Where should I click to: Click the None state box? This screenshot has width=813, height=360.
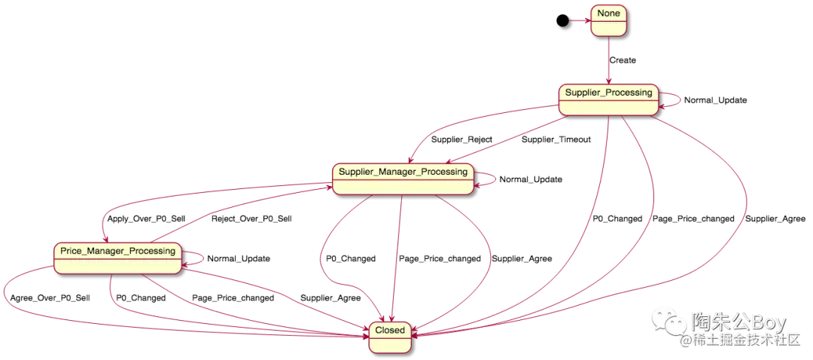point(608,20)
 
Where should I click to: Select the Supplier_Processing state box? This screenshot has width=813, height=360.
point(608,99)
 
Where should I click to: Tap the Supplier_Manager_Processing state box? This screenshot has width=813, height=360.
point(403,179)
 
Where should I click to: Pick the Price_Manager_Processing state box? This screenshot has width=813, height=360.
point(117,258)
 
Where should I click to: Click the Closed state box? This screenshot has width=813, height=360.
point(390,337)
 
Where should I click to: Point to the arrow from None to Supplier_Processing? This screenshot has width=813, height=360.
point(607,60)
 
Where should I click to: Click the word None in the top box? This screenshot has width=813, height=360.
point(608,14)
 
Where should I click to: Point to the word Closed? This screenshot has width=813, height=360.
point(390,330)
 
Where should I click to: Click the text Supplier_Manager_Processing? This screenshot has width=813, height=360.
point(403,172)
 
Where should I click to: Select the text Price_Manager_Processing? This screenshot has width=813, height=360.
point(117,251)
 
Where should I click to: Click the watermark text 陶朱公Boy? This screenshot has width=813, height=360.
point(738,322)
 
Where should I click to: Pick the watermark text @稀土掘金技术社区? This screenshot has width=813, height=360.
point(738,340)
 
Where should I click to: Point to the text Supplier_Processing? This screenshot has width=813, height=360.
point(608,93)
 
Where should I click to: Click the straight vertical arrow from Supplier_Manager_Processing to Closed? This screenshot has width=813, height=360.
point(400,256)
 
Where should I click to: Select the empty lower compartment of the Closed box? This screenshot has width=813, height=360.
point(390,345)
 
